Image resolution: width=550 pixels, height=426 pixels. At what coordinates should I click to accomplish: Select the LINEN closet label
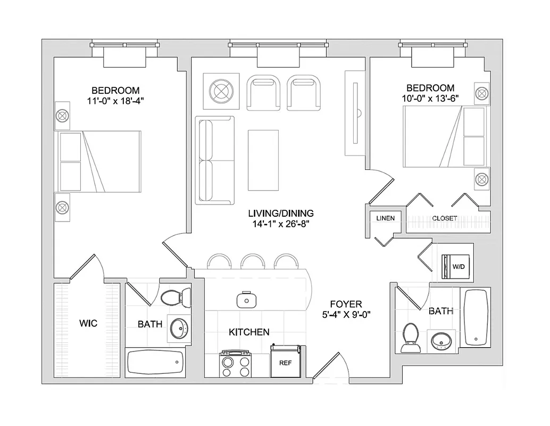pyautogui.click(x=385, y=218)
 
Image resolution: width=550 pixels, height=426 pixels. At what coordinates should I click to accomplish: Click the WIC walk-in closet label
pyautogui.click(x=88, y=324)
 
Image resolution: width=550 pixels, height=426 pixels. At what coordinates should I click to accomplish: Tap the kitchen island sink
pyautogui.click(x=246, y=299)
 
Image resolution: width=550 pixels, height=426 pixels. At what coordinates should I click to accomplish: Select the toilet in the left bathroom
pyautogui.click(x=176, y=296)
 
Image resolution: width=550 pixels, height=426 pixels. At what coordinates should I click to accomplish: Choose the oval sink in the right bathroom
pyautogui.click(x=441, y=340)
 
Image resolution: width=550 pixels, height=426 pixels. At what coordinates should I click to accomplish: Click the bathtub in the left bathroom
pyautogui.click(x=155, y=364)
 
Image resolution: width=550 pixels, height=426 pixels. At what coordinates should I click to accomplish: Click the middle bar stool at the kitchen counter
pyautogui.click(x=253, y=261)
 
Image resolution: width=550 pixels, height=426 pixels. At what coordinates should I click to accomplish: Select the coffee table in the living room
pyautogui.click(x=263, y=160)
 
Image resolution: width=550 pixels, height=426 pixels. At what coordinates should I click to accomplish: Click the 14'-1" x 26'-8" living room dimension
pyautogui.click(x=281, y=224)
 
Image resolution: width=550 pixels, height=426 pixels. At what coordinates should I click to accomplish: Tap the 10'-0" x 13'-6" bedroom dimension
pyautogui.click(x=430, y=98)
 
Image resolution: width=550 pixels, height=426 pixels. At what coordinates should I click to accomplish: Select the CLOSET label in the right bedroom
pyautogui.click(x=445, y=218)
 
